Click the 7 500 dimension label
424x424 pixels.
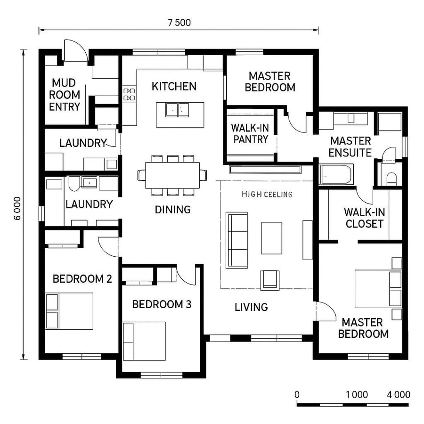tap(179, 22)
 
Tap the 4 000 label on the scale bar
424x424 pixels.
tap(398, 395)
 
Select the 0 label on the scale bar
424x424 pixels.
tap(297, 395)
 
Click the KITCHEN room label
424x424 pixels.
tap(174, 86)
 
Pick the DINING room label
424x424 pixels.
tap(172, 210)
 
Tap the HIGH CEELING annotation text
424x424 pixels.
tap(267, 194)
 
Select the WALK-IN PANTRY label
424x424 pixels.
tap(249, 133)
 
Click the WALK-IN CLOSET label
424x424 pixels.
tap(364, 218)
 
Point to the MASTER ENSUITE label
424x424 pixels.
tap(350, 147)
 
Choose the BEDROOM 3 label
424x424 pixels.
tap(162, 304)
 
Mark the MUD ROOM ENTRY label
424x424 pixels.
tap(65, 95)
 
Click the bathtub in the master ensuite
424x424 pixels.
tap(336, 174)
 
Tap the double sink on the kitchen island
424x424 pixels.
tap(177, 110)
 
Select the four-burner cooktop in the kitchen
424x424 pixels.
tap(129, 94)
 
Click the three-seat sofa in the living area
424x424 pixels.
tap(236, 240)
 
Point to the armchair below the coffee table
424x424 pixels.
tap(270, 278)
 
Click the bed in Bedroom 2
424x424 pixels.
tap(70, 311)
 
